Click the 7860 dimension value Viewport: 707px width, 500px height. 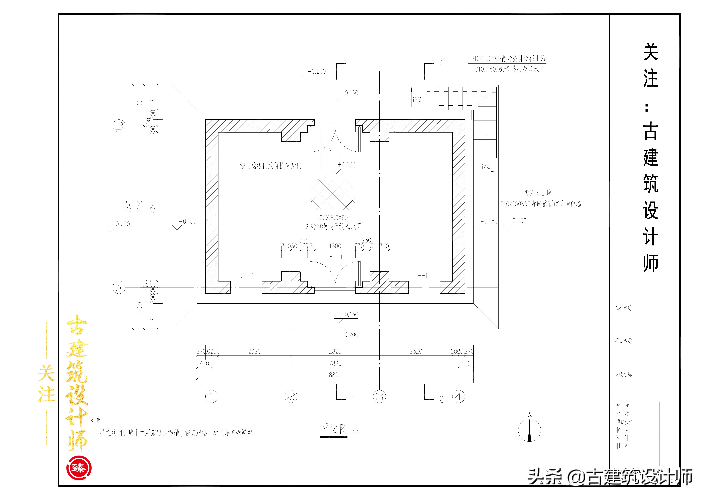(x=335, y=363)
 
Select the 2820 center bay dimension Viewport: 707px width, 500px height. (x=335, y=351)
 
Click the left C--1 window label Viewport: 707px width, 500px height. (x=247, y=276)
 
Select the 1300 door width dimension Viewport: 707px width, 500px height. (x=335, y=246)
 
